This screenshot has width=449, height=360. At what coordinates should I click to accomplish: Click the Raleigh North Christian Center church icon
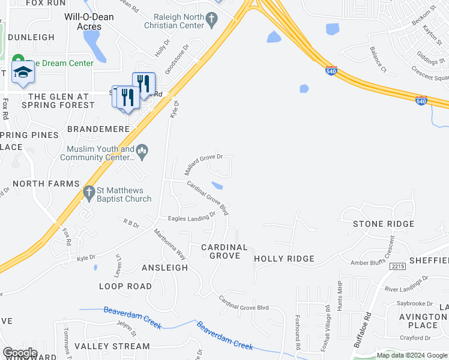pos(211,20)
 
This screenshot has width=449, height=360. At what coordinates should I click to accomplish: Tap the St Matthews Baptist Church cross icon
pos(89,193)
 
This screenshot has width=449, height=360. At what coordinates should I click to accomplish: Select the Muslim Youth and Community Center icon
pos(142,151)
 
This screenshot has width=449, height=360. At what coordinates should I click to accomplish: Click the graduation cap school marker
pos(23,73)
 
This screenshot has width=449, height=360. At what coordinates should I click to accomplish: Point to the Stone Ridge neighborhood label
pos(384,224)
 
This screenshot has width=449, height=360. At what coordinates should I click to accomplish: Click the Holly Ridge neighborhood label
pos(284,259)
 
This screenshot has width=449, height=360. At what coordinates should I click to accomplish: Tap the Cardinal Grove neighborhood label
pos(224,251)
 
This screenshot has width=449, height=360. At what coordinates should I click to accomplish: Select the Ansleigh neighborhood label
pos(165,267)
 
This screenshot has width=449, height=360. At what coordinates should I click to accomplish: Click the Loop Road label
pos(125,286)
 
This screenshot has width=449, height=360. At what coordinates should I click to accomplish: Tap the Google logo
pos(20,353)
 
